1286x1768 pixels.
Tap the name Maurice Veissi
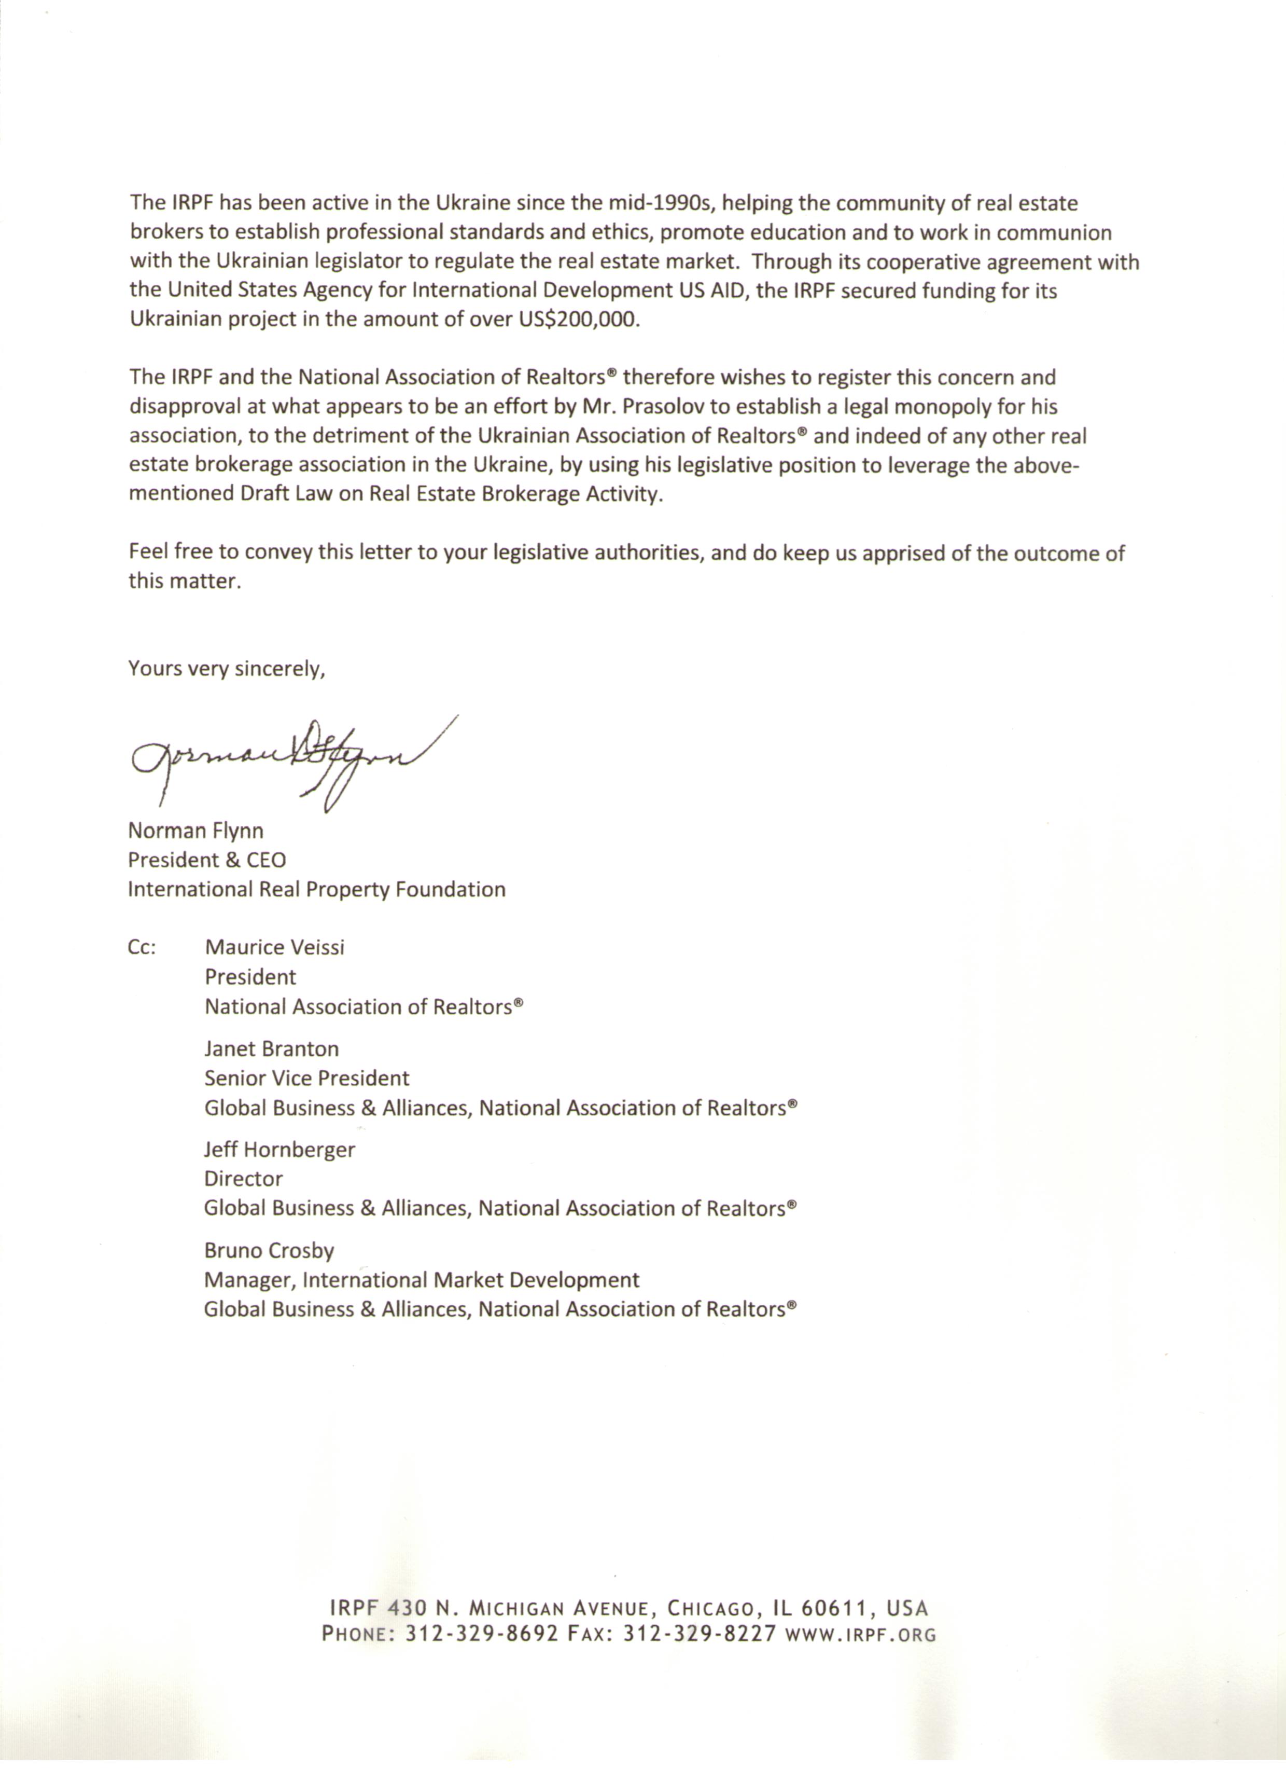pos(274,947)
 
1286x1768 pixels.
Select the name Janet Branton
pos(271,1048)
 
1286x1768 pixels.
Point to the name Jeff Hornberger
pos(279,1149)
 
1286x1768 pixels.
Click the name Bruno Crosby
pos(269,1250)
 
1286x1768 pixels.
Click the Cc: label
pos(142,947)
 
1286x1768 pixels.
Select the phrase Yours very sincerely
pos(226,668)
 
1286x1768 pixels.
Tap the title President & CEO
pos(206,860)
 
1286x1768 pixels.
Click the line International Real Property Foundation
pos(316,890)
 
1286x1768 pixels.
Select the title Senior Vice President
pos(306,1078)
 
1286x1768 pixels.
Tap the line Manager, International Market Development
pos(422,1280)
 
